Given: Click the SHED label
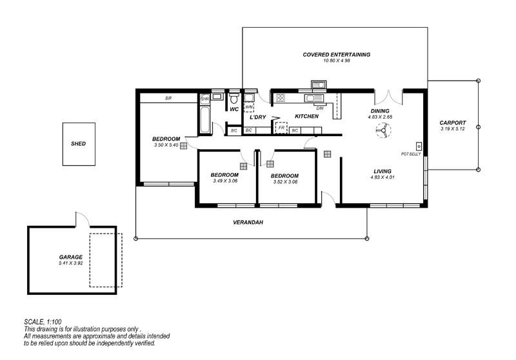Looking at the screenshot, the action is click(78, 144).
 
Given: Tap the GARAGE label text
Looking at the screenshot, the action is click(71, 257).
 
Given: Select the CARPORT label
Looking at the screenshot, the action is click(453, 123).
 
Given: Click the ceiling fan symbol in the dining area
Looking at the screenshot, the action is click(383, 130).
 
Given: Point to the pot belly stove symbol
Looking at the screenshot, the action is click(419, 146).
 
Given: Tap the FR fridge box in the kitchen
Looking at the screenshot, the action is click(281, 128).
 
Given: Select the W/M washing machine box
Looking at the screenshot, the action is click(249, 108).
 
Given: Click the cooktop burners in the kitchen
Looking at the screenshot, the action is click(281, 97).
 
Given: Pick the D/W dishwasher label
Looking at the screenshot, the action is click(320, 108).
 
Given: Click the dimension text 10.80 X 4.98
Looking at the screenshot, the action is click(336, 61).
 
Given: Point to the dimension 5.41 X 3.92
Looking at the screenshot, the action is click(71, 263).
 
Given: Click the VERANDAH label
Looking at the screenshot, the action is click(248, 223).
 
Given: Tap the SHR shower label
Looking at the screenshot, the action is click(205, 99).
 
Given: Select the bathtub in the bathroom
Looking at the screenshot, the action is click(204, 120).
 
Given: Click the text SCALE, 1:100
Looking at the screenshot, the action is click(43, 322).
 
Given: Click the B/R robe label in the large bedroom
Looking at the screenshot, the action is click(168, 98).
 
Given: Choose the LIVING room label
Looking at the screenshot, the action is click(382, 171).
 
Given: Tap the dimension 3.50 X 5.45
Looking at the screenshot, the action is click(166, 145).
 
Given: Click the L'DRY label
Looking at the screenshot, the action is click(257, 117).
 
